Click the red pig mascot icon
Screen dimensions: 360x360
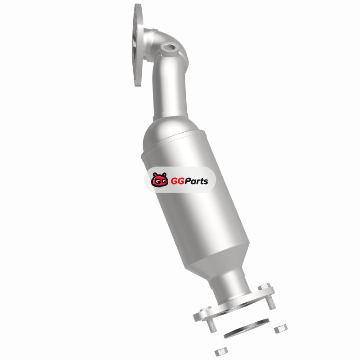pyautogui.click(x=160, y=180)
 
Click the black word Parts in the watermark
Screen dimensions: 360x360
pyautogui.click(x=197, y=181)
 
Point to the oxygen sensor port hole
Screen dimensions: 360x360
pyautogui.click(x=171, y=47)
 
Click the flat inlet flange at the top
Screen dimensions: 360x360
pyautogui.click(x=137, y=45)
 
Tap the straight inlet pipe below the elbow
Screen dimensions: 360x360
pyautogui.click(x=170, y=92)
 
